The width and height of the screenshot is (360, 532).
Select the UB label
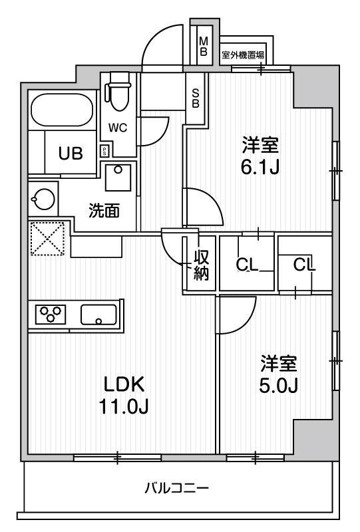coord(70,154)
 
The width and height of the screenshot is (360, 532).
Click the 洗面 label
coord(104,211)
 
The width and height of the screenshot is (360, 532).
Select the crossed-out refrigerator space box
coord(47,238)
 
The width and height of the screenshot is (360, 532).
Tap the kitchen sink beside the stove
coord(98,314)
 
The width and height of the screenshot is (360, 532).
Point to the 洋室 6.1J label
coord(260,154)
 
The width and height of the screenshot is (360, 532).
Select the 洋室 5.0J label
coord(279,374)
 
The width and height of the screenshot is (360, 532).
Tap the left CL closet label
coord(248,264)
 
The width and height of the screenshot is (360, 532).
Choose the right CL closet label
coord(304,264)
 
